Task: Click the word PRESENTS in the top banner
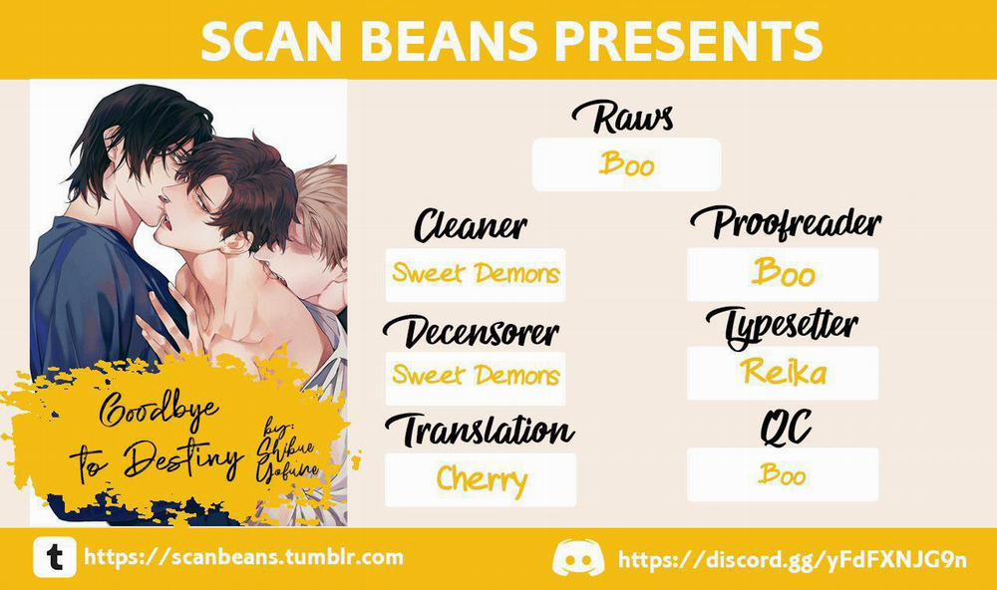click(688, 40)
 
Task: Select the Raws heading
click(622, 117)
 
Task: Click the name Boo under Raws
click(626, 163)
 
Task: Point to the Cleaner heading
click(471, 225)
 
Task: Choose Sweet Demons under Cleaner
click(476, 273)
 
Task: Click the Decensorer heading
click(472, 331)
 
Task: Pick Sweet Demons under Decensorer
click(476, 375)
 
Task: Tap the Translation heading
click(481, 430)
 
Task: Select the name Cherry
click(482, 479)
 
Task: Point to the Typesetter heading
click(783, 327)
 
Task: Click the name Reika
click(784, 372)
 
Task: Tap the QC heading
click(786, 428)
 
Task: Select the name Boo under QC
click(782, 474)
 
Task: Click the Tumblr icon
click(55, 557)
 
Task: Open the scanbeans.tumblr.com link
click(244, 557)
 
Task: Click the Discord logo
click(578, 558)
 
